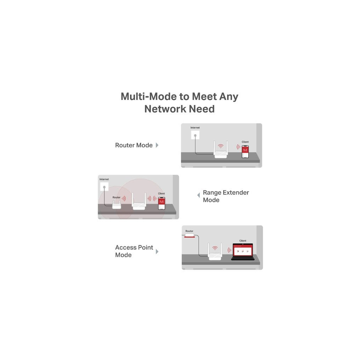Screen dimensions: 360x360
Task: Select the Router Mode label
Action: click(134, 145)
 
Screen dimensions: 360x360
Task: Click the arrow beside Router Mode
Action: click(157, 145)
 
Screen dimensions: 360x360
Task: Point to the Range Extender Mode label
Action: click(225, 196)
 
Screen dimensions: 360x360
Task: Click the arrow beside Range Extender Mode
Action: click(198, 195)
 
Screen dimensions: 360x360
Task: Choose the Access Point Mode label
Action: click(134, 251)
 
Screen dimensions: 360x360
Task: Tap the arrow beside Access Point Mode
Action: click(157, 251)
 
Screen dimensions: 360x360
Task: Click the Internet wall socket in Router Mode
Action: click(195, 135)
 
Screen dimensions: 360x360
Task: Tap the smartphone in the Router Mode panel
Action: click(245, 152)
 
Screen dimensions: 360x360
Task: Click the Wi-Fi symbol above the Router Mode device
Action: click(221, 146)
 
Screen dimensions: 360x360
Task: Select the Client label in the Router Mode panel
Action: click(245, 142)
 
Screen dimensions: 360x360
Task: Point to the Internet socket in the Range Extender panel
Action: click(104, 187)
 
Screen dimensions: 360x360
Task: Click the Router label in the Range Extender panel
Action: click(116, 198)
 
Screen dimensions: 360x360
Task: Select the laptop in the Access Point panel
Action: click(243, 252)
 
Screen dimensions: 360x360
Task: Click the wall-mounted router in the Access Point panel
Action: click(189, 236)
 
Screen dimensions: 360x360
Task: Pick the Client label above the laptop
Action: click(243, 241)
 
